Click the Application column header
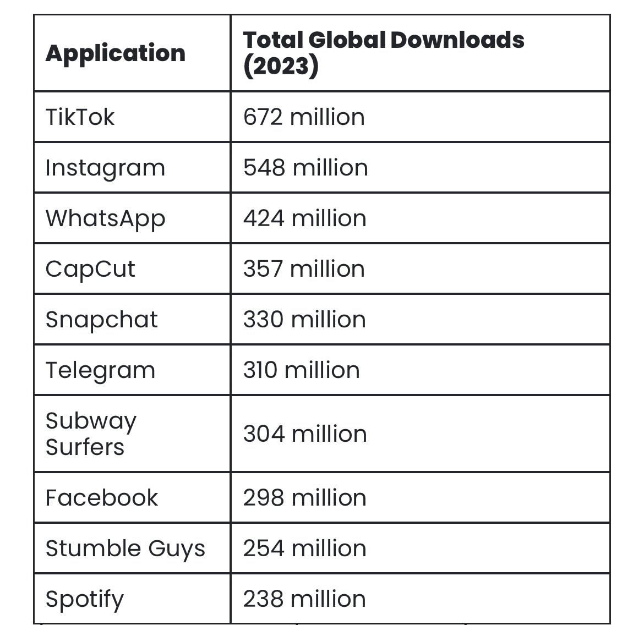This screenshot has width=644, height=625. (x=116, y=53)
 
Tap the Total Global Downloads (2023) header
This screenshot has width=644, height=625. (x=383, y=53)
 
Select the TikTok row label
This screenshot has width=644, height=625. (x=80, y=117)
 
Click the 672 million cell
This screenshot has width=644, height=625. (x=304, y=117)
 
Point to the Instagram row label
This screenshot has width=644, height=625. (x=105, y=168)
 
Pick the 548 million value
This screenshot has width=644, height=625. (x=305, y=168)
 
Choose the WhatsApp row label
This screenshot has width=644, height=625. (x=105, y=218)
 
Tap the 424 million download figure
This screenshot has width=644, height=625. (x=305, y=218)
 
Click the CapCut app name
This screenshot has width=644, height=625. (x=90, y=269)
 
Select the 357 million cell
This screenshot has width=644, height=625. (x=304, y=269)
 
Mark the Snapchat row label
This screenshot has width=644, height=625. (x=102, y=320)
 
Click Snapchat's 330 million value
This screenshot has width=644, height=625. (x=304, y=320)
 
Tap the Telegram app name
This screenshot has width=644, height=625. (x=100, y=370)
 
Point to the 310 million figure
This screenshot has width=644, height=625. (x=302, y=370)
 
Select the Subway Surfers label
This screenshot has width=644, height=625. (x=91, y=434)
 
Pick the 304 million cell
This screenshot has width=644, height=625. (x=305, y=434)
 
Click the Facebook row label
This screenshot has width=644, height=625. (x=102, y=498)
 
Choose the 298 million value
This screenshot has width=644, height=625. (x=305, y=498)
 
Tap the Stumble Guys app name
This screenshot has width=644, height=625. (x=125, y=549)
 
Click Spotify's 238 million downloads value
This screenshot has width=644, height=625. (x=305, y=599)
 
